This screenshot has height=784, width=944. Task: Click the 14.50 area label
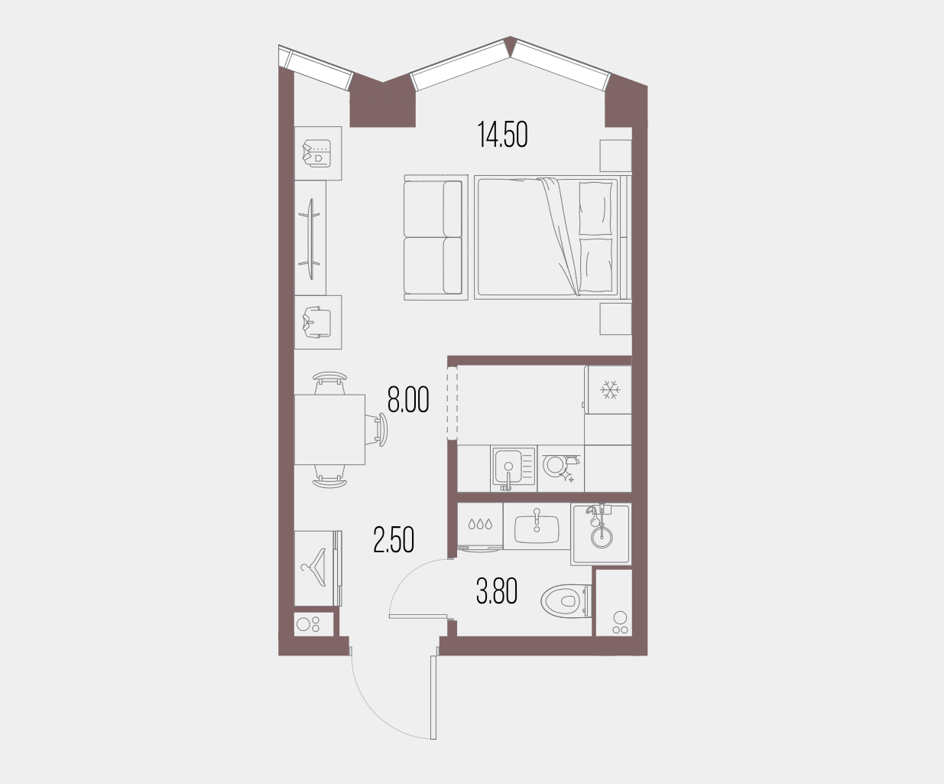click(503, 135)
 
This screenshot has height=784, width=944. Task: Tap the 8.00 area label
click(408, 400)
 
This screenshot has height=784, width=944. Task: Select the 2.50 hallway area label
click(394, 540)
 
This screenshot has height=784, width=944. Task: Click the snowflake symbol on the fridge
click(609, 389)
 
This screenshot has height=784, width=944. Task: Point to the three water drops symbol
click(480, 525)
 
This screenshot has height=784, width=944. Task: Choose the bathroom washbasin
click(537, 528)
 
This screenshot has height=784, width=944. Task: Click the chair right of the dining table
click(380, 429)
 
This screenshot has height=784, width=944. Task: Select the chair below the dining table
click(330, 477)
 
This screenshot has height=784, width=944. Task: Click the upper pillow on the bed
click(595, 209)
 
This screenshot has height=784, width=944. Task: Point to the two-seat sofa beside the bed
click(436, 238)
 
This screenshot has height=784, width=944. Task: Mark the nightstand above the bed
click(615, 155)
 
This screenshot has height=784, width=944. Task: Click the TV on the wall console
click(311, 239)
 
